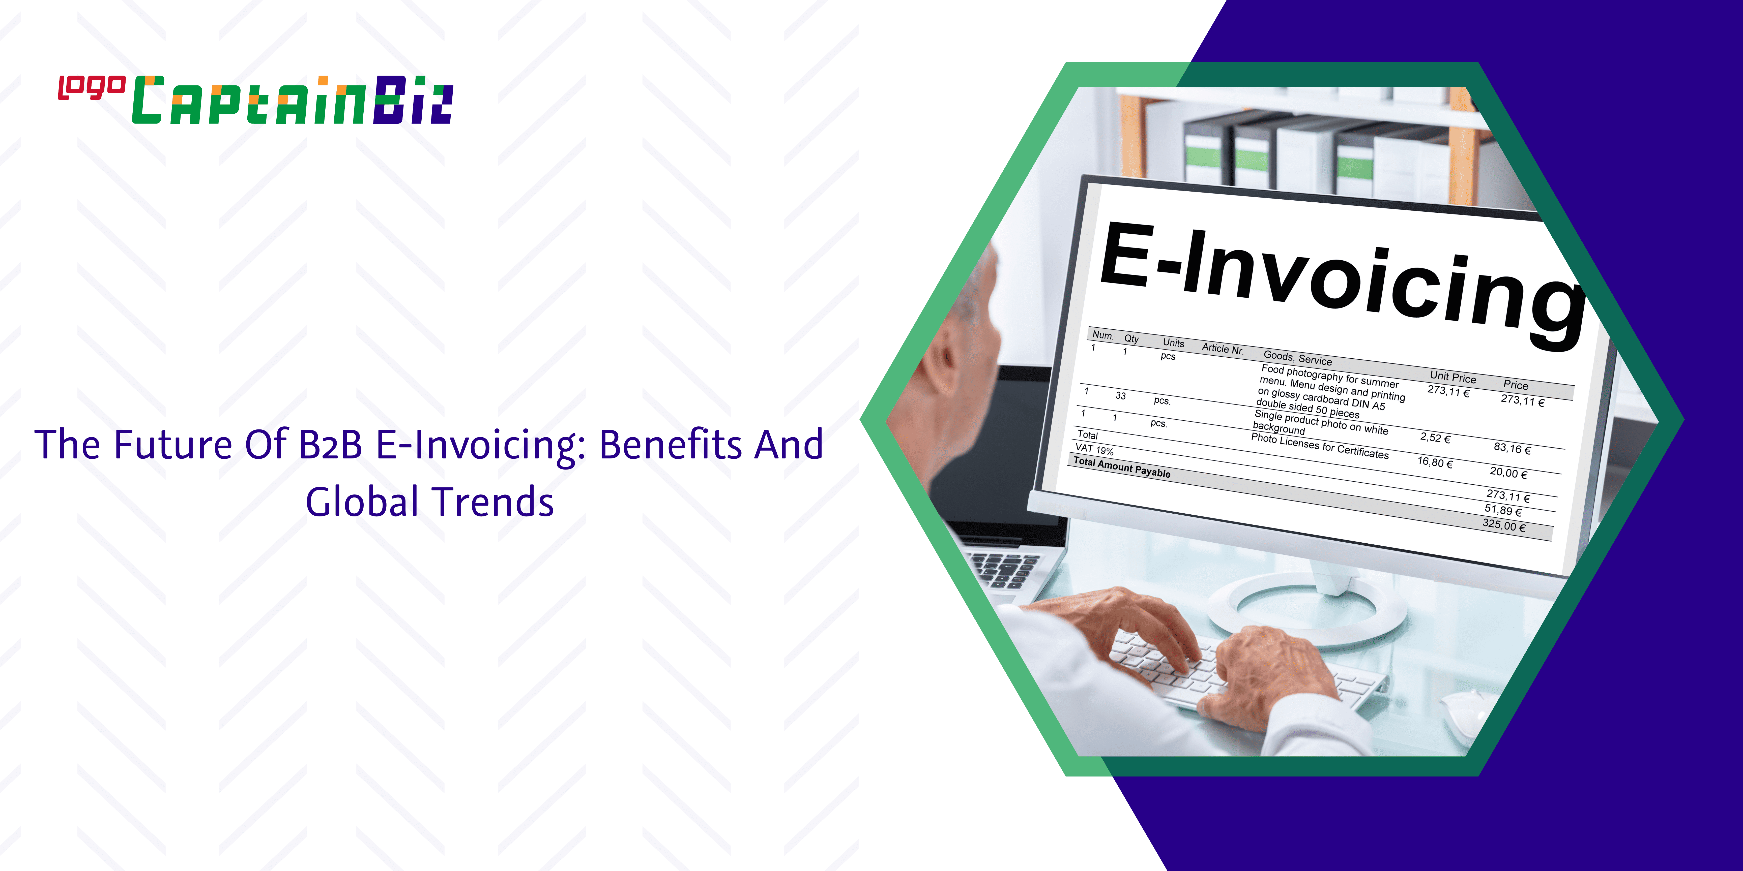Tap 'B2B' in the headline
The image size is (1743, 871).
[x=331, y=445]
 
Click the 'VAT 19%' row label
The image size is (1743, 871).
[x=1094, y=449]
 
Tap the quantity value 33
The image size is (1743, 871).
[x=1120, y=396]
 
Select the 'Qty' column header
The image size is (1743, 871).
[x=1131, y=338]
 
